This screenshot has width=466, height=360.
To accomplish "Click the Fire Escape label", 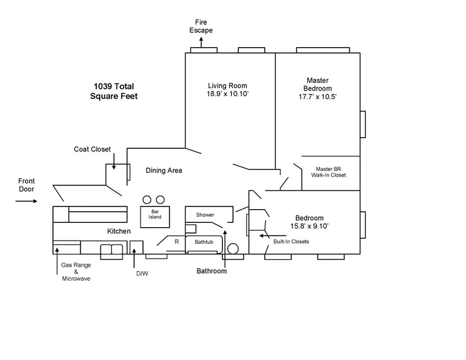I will tap(201, 26).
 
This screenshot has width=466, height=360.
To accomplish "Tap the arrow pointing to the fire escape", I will tap(201, 42).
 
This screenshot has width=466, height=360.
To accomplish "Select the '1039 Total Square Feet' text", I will tap(113, 91).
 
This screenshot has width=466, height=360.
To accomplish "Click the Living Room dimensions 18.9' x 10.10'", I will tap(227, 94).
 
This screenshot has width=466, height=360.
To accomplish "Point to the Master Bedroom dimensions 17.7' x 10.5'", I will tap(317, 97).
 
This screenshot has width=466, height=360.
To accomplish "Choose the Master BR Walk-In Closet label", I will tap(328, 172).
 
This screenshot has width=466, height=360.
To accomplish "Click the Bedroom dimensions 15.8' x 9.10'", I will tap(309, 226).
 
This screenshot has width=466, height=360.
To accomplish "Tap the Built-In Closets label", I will tap(291, 242).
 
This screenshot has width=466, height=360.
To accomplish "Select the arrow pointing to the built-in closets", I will tap(272, 235).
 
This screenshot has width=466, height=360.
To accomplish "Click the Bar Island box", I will tap(155, 214).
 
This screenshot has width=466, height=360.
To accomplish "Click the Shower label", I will tap(205, 215).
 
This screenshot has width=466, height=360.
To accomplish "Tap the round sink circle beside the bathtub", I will tap(233, 249).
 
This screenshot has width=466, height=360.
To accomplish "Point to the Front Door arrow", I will tap(27, 201).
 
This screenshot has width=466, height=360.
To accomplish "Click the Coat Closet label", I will tap(92, 149).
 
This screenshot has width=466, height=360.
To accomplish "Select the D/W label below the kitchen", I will tap(141, 273).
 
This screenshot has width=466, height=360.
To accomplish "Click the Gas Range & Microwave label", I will tap(76, 272).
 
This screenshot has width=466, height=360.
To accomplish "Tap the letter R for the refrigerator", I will tap(176, 242).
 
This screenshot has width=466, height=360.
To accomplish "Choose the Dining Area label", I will tap(164, 171).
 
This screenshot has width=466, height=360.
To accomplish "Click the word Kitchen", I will tap(119, 231).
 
